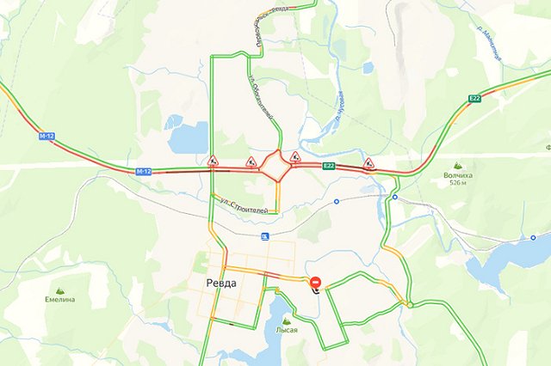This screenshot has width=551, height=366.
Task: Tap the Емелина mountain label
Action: [x=60, y=299]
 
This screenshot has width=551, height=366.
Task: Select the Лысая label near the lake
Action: [x=286, y=329]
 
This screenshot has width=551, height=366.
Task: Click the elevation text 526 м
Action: [x=457, y=183]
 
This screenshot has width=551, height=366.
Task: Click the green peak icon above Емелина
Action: [x=60, y=290]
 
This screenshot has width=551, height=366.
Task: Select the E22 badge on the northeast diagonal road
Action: [x=474, y=100]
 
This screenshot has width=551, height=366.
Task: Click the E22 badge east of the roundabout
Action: [x=328, y=165]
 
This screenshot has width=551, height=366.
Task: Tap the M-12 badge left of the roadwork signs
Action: [x=143, y=171]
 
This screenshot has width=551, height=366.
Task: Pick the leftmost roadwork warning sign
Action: [x=213, y=160]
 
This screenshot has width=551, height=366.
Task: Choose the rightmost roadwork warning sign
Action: [x=369, y=162]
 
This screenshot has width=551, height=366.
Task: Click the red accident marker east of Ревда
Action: [x=316, y=283]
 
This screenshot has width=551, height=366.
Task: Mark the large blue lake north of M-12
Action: [x=191, y=137]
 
